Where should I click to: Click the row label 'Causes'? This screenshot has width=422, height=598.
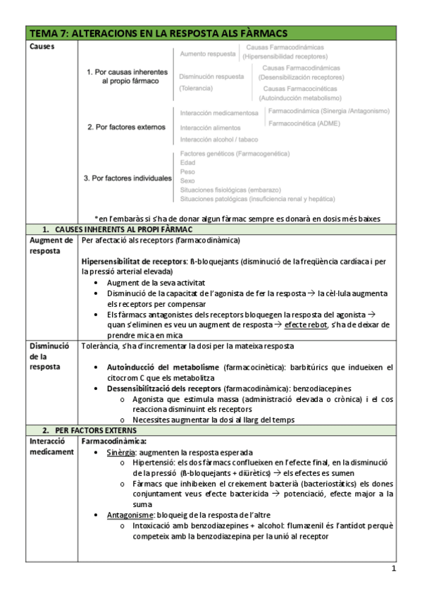pyautogui.click(x=43, y=47)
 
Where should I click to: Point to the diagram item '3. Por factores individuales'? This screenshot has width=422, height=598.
pyautogui.click(x=128, y=178)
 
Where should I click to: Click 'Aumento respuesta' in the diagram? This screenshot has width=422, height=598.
pyautogui.click(x=206, y=54)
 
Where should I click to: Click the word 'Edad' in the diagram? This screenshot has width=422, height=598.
pyautogui.click(x=187, y=162)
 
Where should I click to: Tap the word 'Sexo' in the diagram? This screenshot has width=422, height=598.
pyautogui.click(x=187, y=181)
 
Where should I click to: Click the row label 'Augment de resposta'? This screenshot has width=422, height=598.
pyautogui.click(x=51, y=245)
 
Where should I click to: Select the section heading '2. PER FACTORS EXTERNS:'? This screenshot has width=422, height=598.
pyautogui.click(x=89, y=429)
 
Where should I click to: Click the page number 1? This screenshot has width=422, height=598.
pyautogui.click(x=394, y=569)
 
